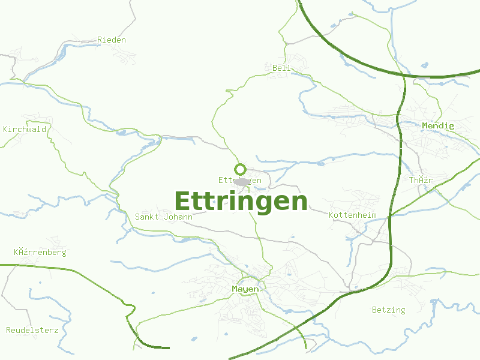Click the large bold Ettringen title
241,201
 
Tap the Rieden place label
112,40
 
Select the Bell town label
281,68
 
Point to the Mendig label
438,125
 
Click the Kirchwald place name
25,129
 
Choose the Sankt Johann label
164,217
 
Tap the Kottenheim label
352,215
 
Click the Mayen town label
245,289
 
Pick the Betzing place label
388,310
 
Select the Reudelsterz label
32,330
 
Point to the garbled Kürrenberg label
40,252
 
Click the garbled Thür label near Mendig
421,180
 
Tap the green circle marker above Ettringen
240,169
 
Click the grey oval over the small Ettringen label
241,181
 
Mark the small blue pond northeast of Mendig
425,65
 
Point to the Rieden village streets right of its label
135,54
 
